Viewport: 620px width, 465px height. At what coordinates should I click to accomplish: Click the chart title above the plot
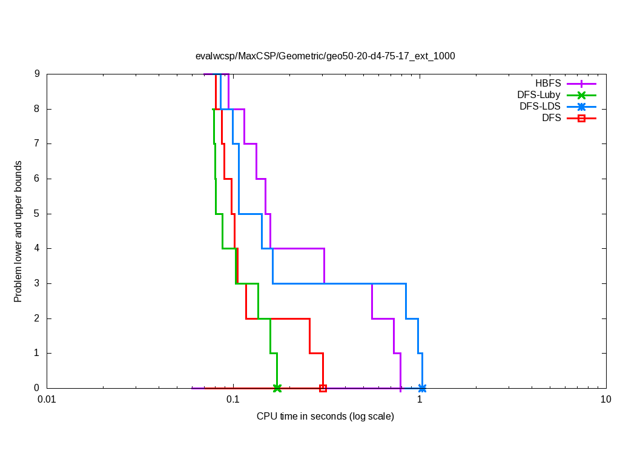325,56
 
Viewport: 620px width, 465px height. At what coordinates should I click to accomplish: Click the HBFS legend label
548,84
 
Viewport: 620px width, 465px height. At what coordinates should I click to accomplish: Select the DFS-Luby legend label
539,95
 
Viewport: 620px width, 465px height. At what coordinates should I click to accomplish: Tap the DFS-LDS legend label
540,107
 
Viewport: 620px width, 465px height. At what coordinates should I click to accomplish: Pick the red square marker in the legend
581,118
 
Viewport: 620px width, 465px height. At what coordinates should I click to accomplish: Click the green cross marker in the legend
581,95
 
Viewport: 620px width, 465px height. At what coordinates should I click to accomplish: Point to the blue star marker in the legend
581,107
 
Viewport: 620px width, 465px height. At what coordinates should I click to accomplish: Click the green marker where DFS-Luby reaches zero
277,388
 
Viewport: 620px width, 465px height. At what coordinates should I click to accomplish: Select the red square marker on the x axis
323,388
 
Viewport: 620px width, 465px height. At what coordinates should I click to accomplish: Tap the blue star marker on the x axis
422,388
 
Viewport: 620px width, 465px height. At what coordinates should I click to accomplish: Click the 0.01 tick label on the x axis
47,400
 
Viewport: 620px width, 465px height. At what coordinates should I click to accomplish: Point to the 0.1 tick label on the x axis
233,400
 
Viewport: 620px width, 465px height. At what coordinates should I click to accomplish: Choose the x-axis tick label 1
420,400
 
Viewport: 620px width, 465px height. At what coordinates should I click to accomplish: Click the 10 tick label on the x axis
605,400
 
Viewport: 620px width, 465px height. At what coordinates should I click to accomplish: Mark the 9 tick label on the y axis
37,74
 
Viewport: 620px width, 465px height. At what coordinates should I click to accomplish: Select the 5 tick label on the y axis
37,214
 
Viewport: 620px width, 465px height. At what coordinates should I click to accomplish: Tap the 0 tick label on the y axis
37,388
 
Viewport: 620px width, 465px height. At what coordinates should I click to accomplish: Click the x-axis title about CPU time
325,417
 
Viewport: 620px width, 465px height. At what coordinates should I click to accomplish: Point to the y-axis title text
18,231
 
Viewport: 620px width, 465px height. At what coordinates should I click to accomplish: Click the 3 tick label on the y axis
37,283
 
